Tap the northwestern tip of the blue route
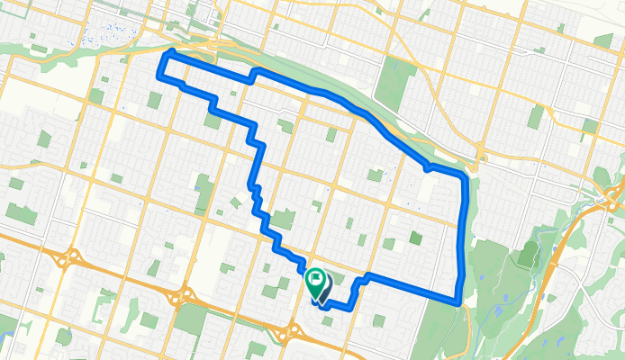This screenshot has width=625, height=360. (165, 55)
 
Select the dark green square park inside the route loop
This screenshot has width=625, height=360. (415, 238)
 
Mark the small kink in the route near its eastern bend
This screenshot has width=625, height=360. (429, 167)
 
